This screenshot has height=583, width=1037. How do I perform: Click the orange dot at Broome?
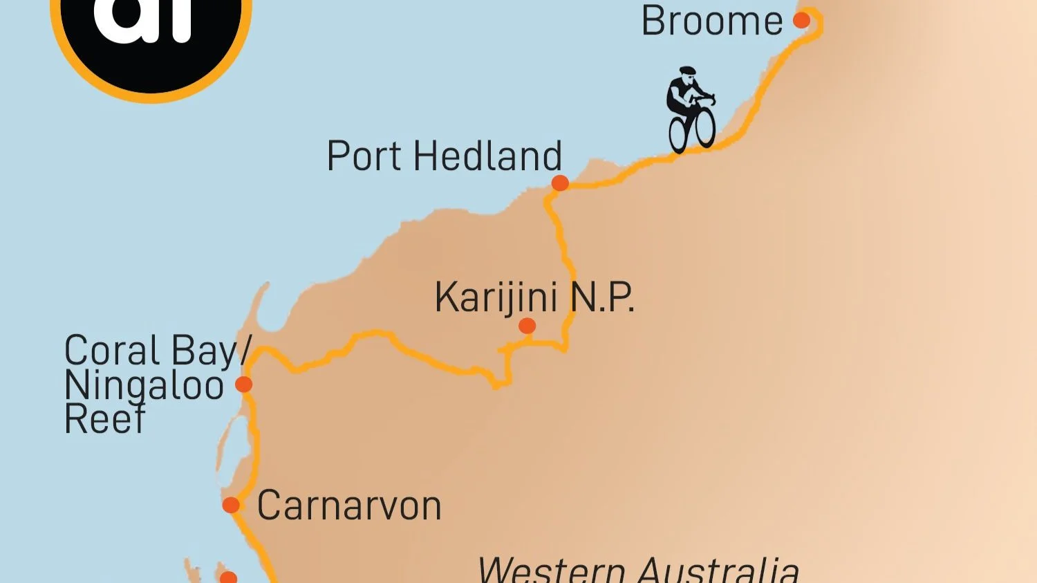click(x=801, y=20)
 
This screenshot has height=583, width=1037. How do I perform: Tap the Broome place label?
click(x=711, y=21)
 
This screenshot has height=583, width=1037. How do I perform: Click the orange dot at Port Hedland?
click(x=560, y=183)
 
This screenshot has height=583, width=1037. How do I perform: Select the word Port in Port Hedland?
click(x=364, y=156)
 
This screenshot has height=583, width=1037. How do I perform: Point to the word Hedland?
click(x=487, y=156)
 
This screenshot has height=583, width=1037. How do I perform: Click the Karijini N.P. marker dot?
click(x=527, y=326)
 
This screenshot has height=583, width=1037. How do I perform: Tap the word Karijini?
click(x=496, y=298)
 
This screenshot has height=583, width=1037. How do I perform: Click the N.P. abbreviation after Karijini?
click(x=602, y=298)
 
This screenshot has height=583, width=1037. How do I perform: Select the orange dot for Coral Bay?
click(x=243, y=385)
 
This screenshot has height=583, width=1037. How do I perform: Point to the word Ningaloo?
click(x=144, y=386)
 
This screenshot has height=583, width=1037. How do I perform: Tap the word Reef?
click(x=104, y=418)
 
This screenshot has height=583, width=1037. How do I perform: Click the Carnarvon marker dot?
click(x=231, y=505)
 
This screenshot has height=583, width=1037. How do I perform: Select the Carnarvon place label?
click(x=349, y=506)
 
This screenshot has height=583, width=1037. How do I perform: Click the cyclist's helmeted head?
click(x=686, y=73)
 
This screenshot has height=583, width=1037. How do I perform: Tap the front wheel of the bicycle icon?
click(x=705, y=127)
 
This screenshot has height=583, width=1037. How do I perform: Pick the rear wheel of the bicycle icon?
click(x=678, y=134)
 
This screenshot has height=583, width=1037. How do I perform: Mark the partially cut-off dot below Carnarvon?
click(x=228, y=577)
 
